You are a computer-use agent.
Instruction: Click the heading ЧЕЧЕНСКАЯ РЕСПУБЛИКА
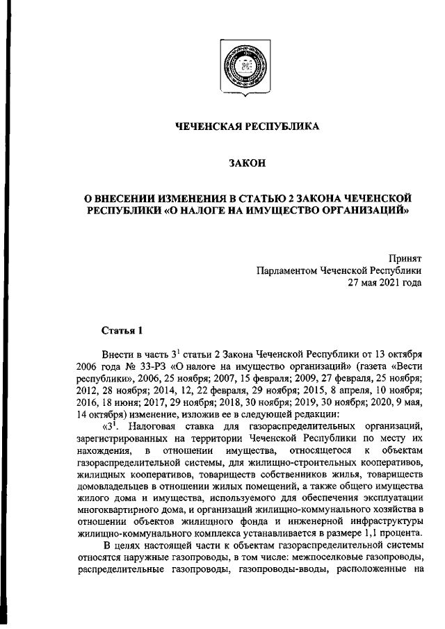tap(238, 126)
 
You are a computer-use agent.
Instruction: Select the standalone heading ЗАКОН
tap(238, 164)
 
